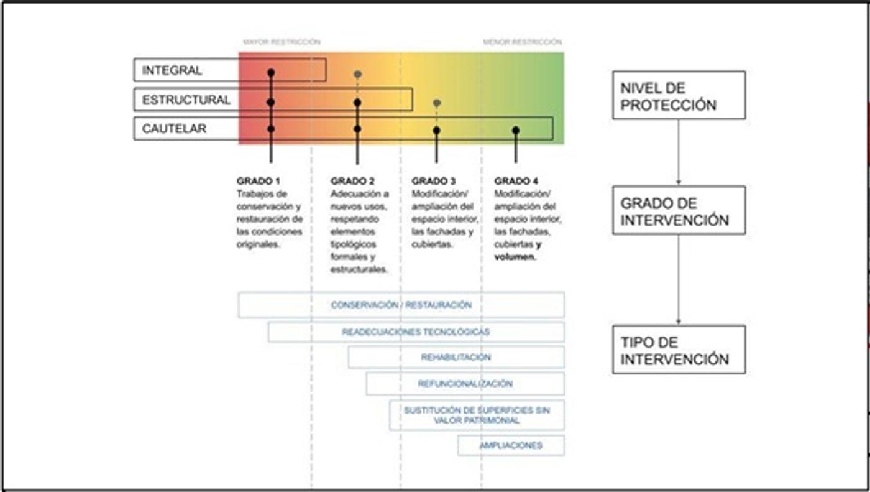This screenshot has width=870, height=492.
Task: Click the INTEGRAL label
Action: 172,70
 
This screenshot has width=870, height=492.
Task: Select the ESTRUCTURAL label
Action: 186,100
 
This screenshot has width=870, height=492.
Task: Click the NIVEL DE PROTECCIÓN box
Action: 679,95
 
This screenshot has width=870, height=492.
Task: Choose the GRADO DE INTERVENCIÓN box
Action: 679,210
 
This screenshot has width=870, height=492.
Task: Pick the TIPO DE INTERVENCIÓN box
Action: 679,350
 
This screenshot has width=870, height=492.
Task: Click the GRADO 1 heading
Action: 259,181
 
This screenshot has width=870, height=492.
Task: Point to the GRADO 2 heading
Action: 352,181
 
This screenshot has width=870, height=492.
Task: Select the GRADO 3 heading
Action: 434,181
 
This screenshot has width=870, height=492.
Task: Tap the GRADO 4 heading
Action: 516,181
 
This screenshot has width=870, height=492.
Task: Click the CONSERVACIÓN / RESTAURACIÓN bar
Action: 401,305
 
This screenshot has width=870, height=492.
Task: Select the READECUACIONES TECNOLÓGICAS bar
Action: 416,332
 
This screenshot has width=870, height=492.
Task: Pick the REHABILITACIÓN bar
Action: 456,358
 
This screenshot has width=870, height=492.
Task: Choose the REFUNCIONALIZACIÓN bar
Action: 465,384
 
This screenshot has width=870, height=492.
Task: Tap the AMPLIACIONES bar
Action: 511,445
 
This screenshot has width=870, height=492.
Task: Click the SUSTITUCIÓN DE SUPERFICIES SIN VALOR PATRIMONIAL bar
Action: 477,415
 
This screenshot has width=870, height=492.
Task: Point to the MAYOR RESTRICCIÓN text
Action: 282,42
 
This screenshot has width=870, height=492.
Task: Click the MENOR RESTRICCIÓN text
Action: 522,42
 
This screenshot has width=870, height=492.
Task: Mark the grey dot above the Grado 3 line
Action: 437,103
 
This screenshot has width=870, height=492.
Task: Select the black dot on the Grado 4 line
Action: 516,130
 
